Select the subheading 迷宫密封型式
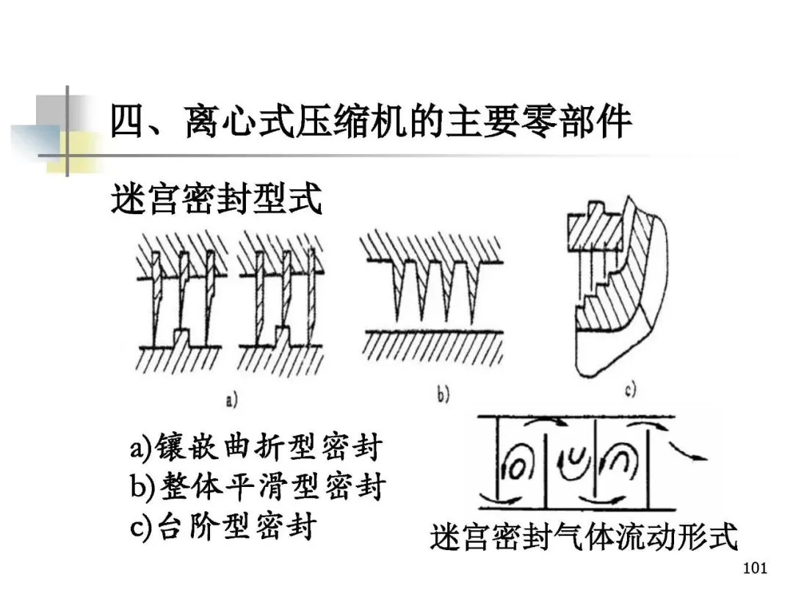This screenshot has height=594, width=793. (x=217, y=198)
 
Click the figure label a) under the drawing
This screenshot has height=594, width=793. (x=231, y=400)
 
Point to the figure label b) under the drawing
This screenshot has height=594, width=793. (x=443, y=396)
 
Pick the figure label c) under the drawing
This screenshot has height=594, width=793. (x=629, y=391)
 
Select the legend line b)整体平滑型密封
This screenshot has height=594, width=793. (x=257, y=486)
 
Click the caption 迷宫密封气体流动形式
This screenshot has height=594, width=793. (x=584, y=538)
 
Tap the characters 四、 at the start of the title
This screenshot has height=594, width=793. (x=136, y=122)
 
